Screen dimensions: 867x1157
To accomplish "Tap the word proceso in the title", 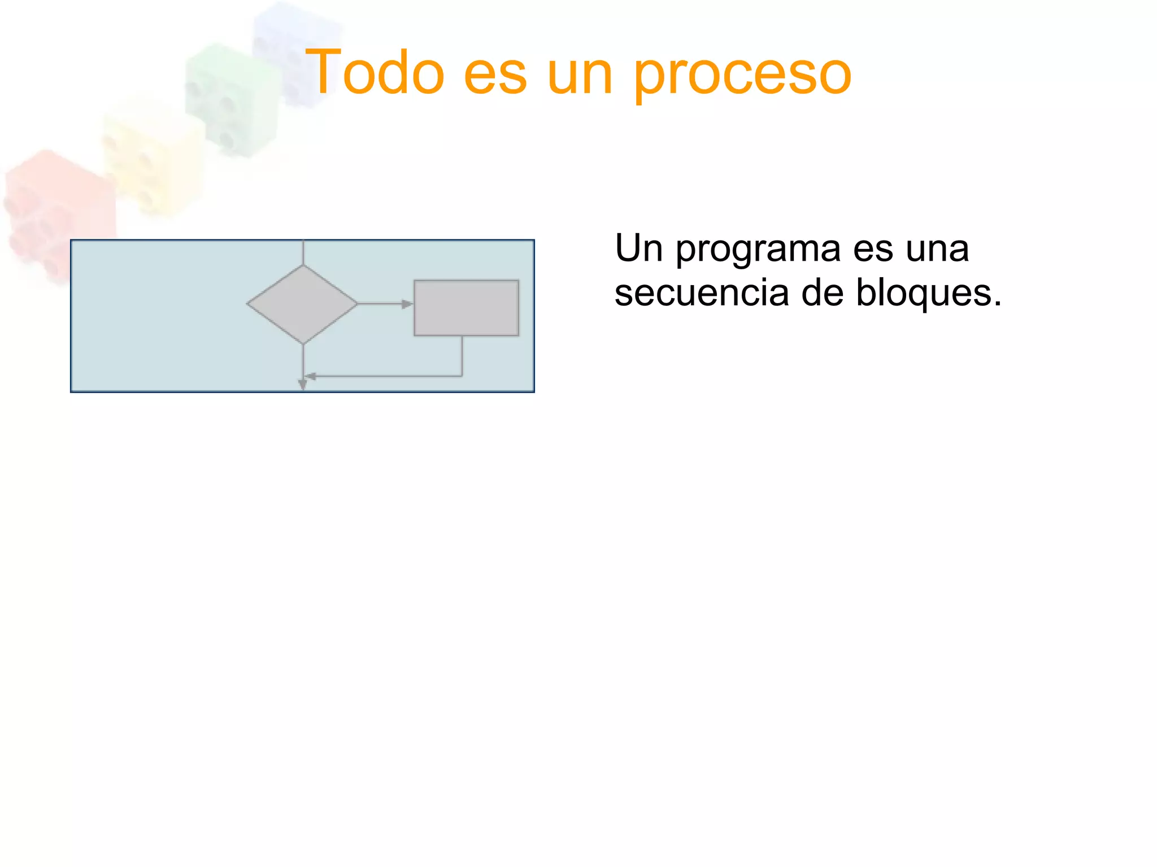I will coord(742,76).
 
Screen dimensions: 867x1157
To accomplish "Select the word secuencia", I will coord(701,294).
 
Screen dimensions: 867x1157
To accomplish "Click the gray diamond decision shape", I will coord(302,304).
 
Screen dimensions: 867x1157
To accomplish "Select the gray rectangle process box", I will coord(466,308).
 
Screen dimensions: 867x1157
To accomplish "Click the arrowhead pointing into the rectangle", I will coord(407,304).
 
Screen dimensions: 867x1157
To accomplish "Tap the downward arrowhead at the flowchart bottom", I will coord(303,385).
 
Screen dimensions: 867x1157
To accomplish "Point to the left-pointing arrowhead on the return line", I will coord(310,376).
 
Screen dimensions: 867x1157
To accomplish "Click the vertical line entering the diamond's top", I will coord(303,252).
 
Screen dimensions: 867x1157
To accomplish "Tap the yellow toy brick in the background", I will coord(153,158).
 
